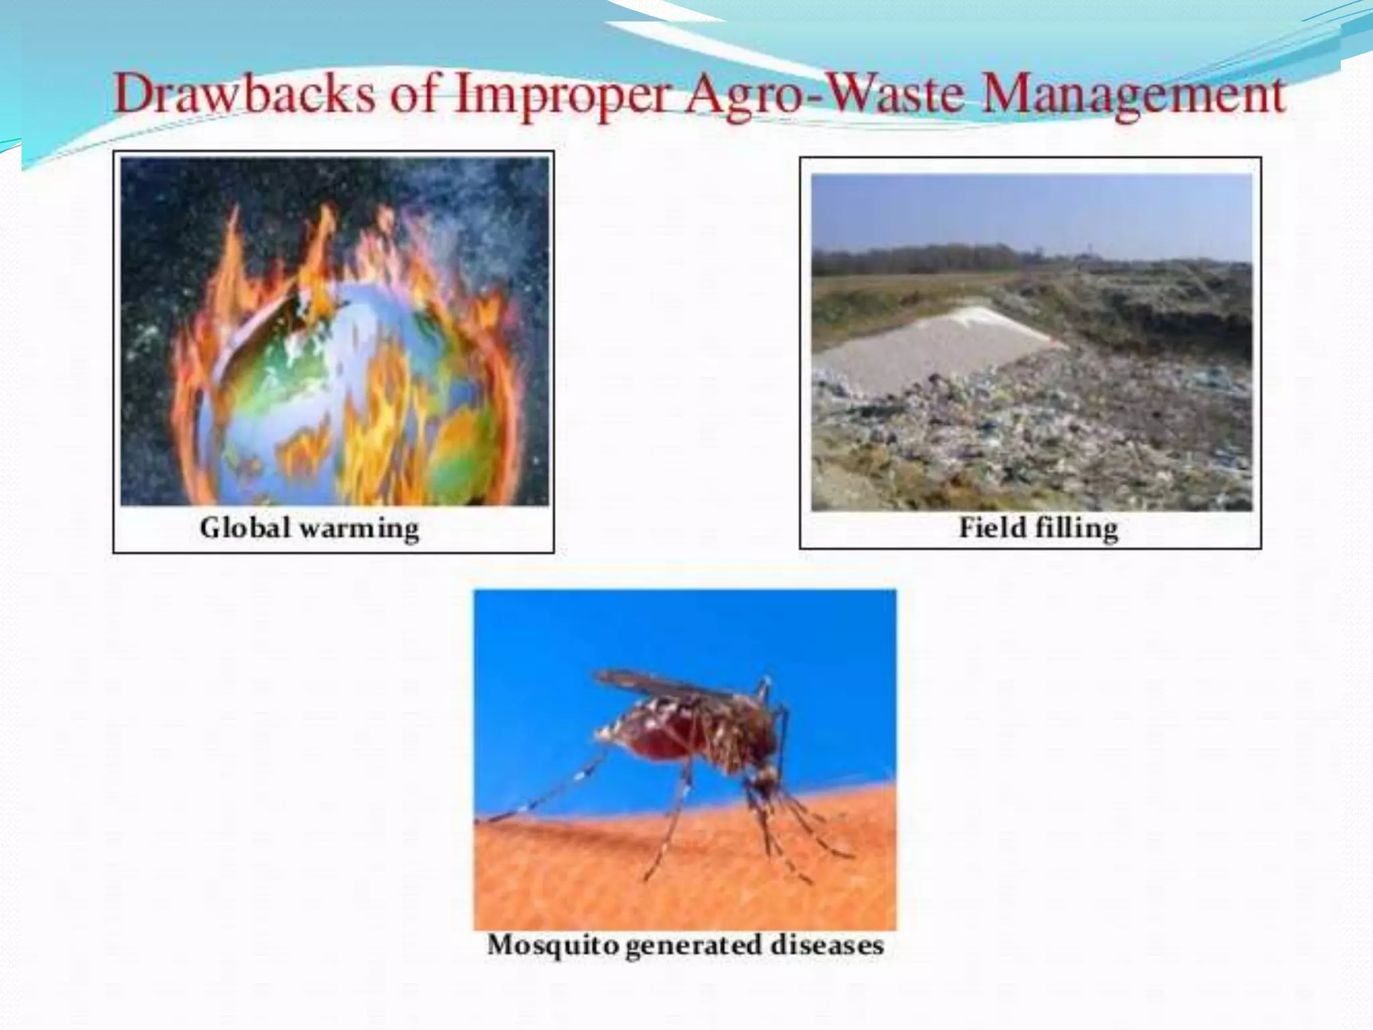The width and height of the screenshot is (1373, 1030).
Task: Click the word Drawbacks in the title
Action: tap(244, 95)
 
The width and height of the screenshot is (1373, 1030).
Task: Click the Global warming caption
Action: tap(309, 528)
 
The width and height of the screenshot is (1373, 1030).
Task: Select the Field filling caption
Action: tap(1038, 527)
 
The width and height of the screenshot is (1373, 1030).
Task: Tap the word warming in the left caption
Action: tap(359, 528)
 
